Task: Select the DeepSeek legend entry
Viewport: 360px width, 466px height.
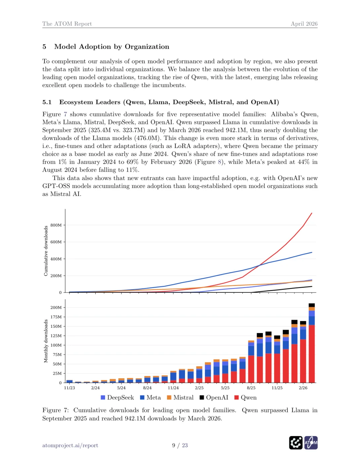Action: [x=117, y=397]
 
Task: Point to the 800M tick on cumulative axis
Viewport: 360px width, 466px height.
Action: [x=56, y=225]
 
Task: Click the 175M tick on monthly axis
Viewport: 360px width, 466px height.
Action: [x=56, y=317]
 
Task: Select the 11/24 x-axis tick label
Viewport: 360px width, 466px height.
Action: [x=173, y=388]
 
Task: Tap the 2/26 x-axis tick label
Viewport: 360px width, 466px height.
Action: [x=303, y=388]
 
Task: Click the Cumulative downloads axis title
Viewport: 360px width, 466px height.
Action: [x=46, y=251]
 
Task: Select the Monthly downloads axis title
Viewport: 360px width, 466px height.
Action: [x=46, y=341]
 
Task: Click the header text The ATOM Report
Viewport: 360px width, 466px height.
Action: [x=67, y=24]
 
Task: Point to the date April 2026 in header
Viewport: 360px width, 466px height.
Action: [x=304, y=24]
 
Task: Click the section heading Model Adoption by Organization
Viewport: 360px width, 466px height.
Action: [x=112, y=47]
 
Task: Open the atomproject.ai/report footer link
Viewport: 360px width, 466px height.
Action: [x=70, y=445]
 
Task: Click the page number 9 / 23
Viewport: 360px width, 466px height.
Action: [x=180, y=445]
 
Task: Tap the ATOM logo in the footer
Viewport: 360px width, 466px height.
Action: [x=311, y=443]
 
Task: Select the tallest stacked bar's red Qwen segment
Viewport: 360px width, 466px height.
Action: [x=312, y=353]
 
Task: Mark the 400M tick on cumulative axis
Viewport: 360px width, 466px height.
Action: [x=56, y=259]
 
